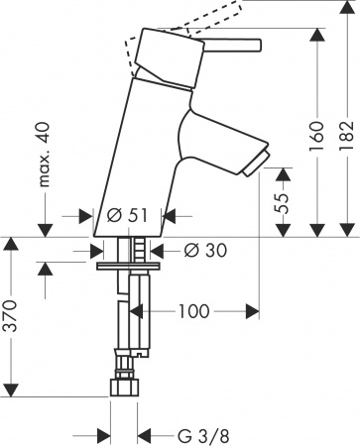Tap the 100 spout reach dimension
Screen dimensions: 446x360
pos(194,312)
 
